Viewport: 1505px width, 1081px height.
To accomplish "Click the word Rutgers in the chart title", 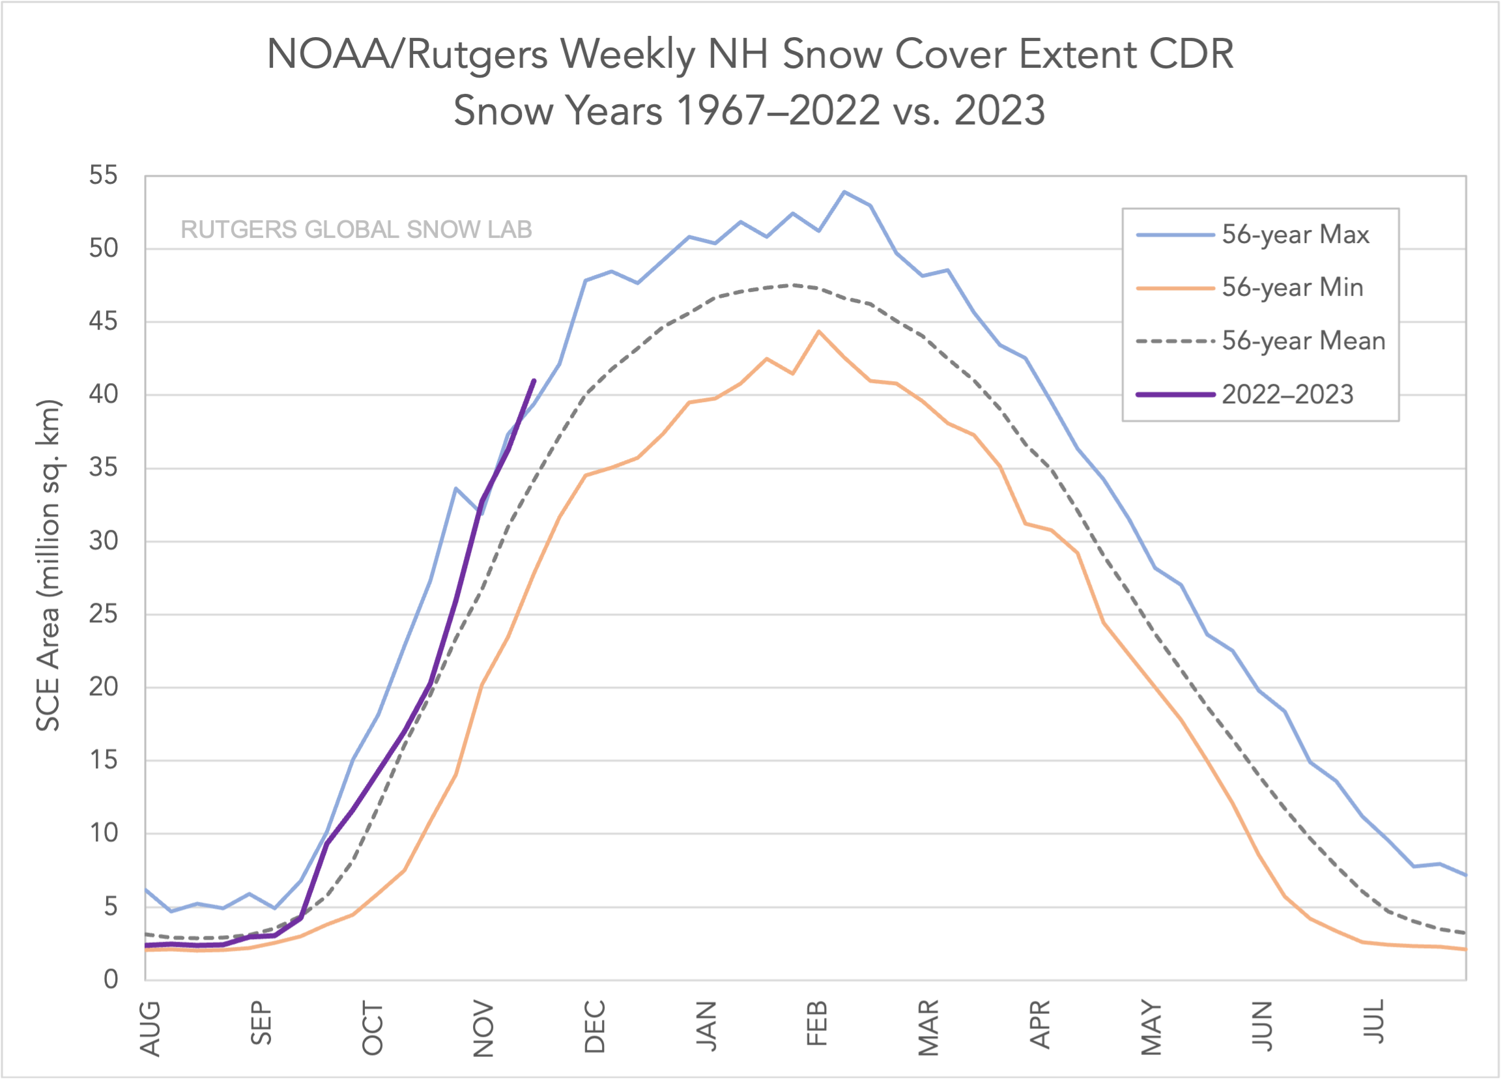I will pos(476,55).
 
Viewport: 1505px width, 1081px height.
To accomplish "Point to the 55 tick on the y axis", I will pos(104,176).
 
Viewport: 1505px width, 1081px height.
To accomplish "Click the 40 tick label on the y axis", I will pos(104,395).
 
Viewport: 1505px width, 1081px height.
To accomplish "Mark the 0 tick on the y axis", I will pos(111,979).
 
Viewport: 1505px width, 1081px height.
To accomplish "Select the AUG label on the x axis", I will pos(150,1028).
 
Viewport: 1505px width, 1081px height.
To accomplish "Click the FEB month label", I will pos(818,1023).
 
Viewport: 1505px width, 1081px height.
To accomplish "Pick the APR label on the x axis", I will pos(1040,1024).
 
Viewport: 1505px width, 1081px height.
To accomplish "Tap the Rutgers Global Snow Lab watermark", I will pos(356,229).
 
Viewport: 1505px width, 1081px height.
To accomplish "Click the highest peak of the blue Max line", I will pos(844,192).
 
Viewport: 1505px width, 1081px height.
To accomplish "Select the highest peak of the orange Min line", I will pos(819,331).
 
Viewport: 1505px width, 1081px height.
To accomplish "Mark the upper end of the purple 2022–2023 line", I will pos(534,381).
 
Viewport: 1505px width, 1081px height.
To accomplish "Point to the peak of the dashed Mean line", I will pos(792,285).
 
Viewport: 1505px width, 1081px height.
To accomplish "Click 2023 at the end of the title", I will pos(999,111).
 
